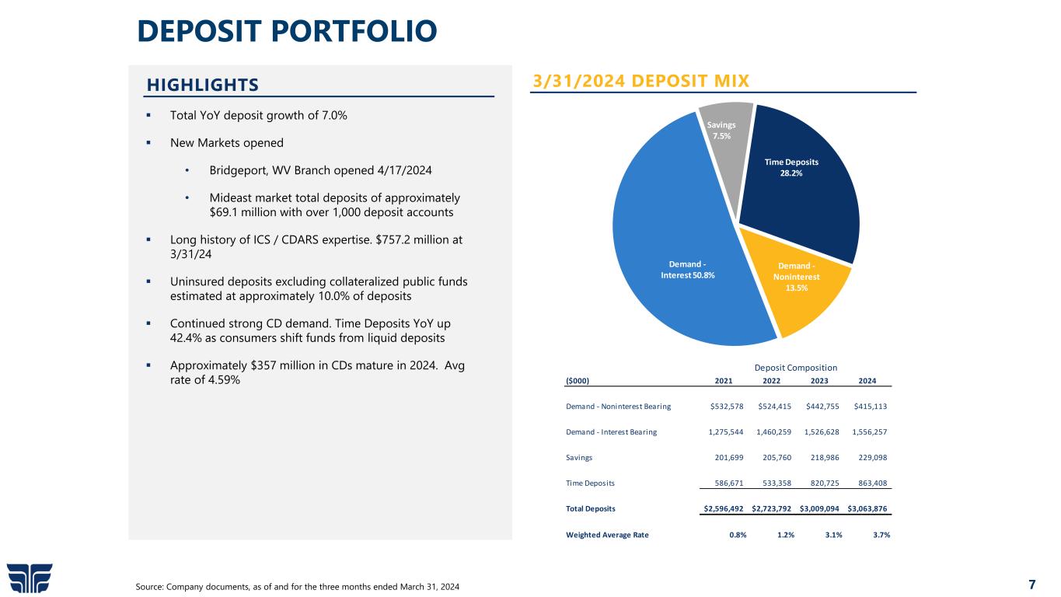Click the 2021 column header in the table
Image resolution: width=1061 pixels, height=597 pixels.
723,381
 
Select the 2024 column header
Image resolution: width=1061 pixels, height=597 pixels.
867,381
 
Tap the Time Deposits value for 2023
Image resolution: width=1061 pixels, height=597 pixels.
819,483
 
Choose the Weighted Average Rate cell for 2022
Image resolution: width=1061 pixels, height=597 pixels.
786,534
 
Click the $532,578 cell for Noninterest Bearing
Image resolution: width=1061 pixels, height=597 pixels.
728,406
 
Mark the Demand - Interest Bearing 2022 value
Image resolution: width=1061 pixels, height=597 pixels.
774,432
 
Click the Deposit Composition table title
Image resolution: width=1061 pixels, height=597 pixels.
795,368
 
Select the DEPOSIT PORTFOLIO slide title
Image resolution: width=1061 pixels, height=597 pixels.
287,31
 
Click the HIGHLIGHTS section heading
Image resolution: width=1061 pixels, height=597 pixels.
203,84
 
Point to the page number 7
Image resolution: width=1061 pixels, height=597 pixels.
1031,585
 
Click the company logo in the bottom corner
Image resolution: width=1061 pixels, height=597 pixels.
30,578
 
